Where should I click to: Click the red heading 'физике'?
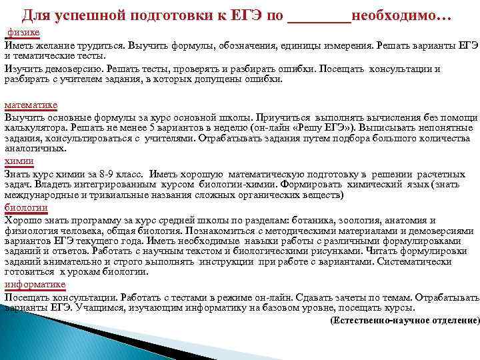point(23,32)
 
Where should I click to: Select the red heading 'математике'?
point(31,105)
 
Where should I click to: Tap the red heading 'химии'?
point(19,161)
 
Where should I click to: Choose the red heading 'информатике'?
point(35,285)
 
